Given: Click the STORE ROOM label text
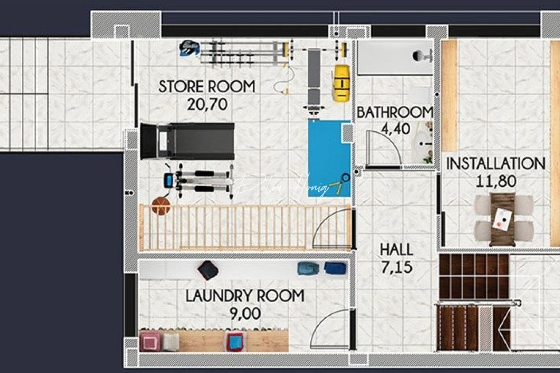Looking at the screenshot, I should pyautogui.click(x=207, y=86).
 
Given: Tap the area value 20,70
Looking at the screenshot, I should pyautogui.click(x=207, y=104).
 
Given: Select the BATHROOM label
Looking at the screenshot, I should pyautogui.click(x=394, y=113).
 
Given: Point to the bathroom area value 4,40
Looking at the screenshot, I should pyautogui.click(x=395, y=129).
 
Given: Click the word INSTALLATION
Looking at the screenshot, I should pyautogui.click(x=495, y=164).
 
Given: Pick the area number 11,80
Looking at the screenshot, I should pyautogui.click(x=496, y=181).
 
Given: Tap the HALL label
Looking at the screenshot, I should pyautogui.click(x=396, y=250).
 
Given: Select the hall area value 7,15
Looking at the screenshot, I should pyautogui.click(x=396, y=267).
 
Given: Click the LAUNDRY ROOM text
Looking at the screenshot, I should pyautogui.click(x=245, y=296).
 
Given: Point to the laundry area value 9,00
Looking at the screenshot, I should pyautogui.click(x=245, y=314).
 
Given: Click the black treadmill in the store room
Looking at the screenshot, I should pyautogui.click(x=187, y=141).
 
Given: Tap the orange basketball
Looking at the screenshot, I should pyautogui.click(x=161, y=206).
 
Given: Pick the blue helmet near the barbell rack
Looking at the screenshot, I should pyautogui.click(x=189, y=48).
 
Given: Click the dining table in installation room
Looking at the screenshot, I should pyautogui.click(x=503, y=219).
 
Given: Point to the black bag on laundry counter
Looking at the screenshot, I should pyautogui.click(x=208, y=270).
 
